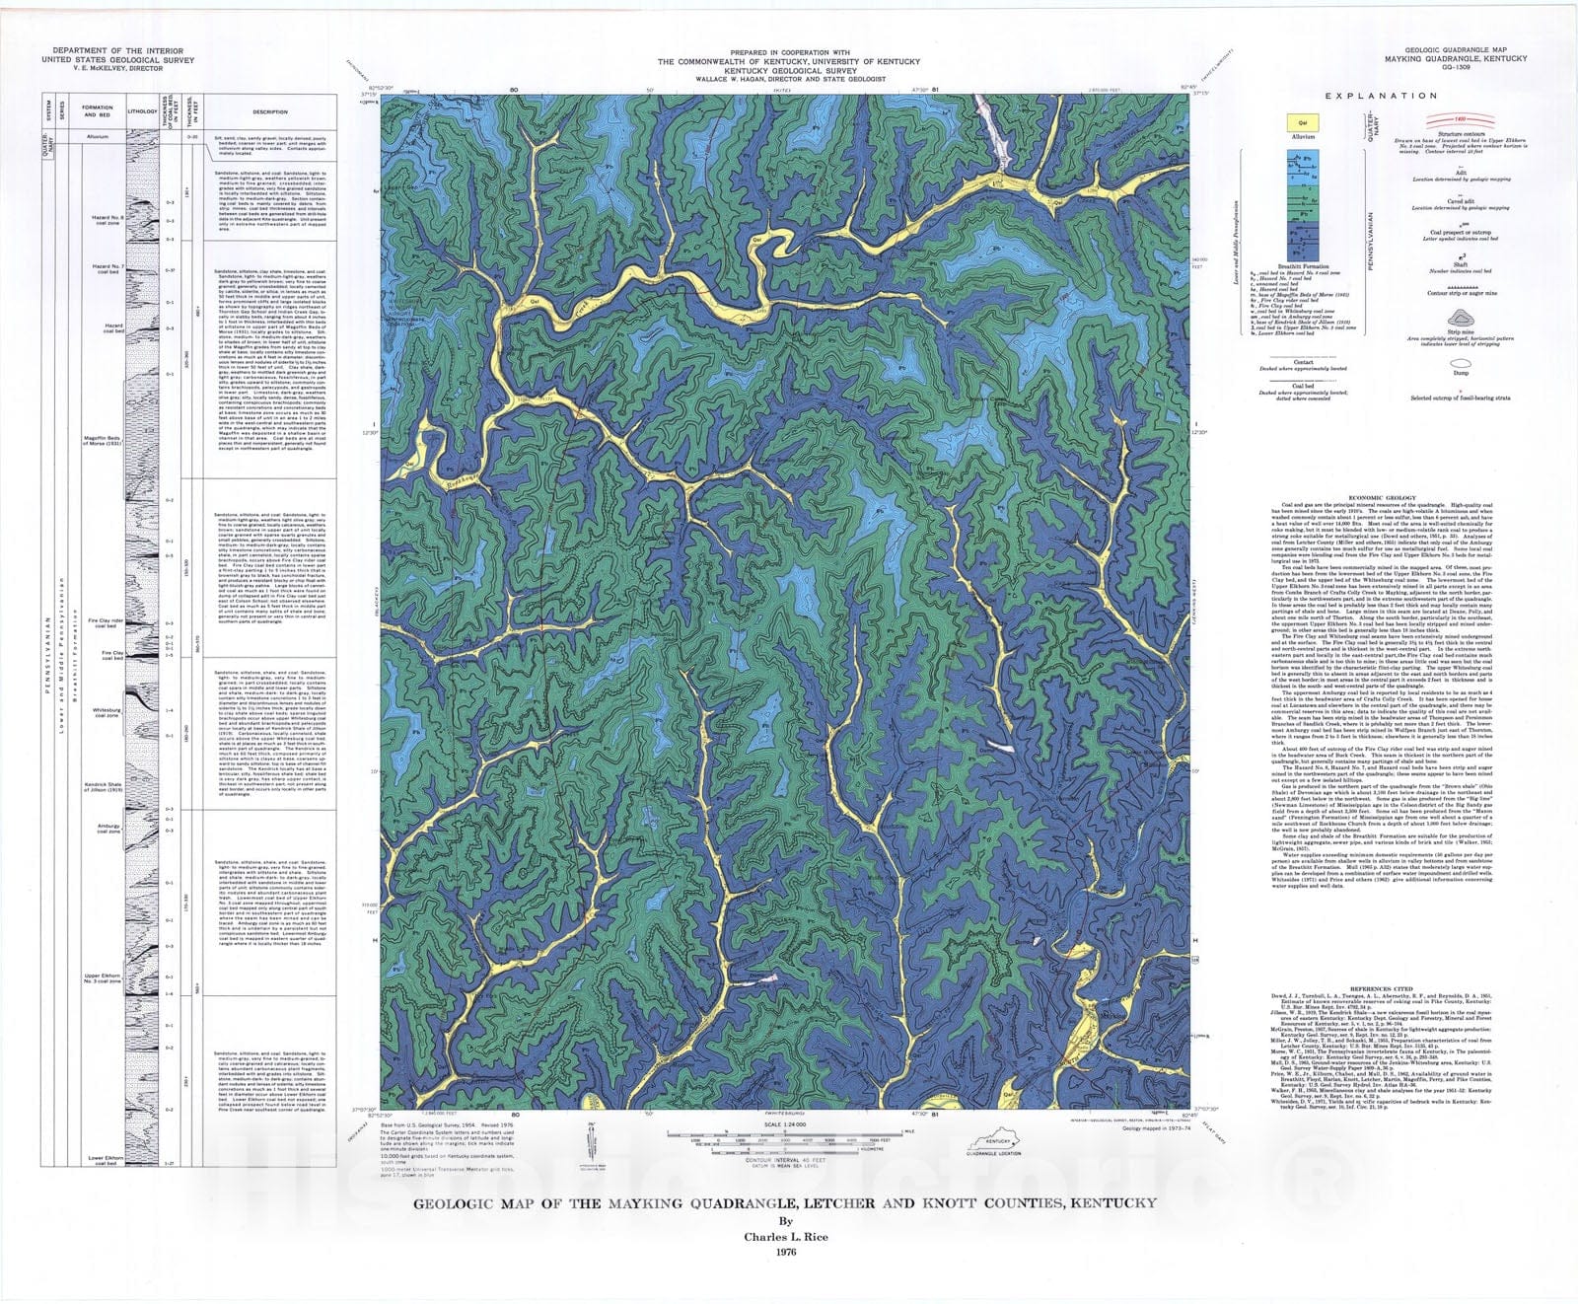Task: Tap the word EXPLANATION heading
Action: click(x=1381, y=96)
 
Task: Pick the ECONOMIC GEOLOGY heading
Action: click(x=1381, y=497)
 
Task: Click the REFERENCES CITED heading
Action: click(x=1381, y=988)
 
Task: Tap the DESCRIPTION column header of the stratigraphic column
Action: click(x=270, y=111)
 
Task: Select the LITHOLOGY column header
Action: click(x=142, y=111)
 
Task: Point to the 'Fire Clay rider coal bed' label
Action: click(x=107, y=623)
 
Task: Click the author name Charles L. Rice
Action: click(x=785, y=1237)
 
